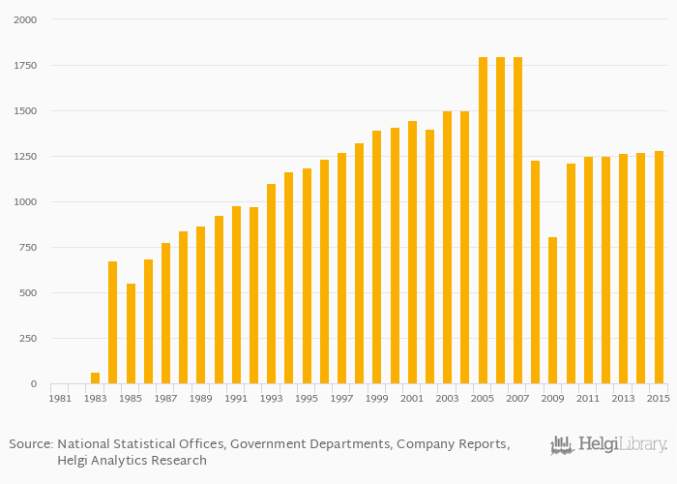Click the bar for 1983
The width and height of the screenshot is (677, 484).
(x=95, y=378)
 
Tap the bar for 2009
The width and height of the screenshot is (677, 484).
(x=552, y=311)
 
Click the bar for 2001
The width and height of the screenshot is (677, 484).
(x=412, y=253)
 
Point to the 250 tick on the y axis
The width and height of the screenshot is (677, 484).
(x=28, y=339)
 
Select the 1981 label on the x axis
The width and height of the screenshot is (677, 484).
(x=60, y=398)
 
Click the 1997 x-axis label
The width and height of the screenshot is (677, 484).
(x=341, y=398)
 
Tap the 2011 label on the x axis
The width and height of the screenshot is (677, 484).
(x=588, y=398)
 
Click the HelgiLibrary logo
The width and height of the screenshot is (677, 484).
(x=608, y=445)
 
